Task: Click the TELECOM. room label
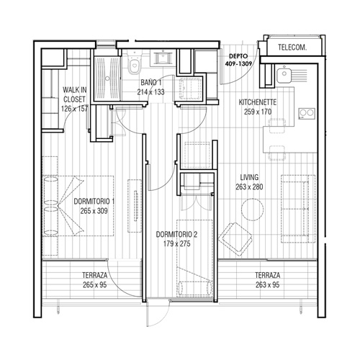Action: pyautogui.click(x=292, y=48)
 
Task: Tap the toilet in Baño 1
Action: pyautogui.click(x=134, y=62)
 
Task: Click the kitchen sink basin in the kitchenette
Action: pyautogui.click(x=284, y=75)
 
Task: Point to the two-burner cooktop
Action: pyautogui.click(x=307, y=113)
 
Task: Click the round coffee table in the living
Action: pyautogui.click(x=252, y=210)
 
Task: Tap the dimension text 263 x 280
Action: pyautogui.click(x=249, y=186)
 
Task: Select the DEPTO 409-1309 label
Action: pyautogui.click(x=238, y=60)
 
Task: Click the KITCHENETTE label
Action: pyautogui.click(x=258, y=102)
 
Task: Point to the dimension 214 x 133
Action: pyautogui.click(x=150, y=92)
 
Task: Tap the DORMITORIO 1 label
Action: pyautogui.click(x=94, y=202)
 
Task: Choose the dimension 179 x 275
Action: pyautogui.click(x=177, y=244)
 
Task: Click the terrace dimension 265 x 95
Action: pyautogui.click(x=95, y=285)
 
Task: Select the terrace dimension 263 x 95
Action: pyautogui.click(x=267, y=285)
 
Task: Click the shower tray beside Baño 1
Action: pyautogui.click(x=107, y=78)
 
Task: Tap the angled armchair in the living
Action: pyautogui.click(x=235, y=237)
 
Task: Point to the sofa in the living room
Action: pyautogui.click(x=298, y=209)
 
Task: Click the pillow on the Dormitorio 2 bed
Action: pyautogui.click(x=195, y=287)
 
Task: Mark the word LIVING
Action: pyautogui.click(x=249, y=177)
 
